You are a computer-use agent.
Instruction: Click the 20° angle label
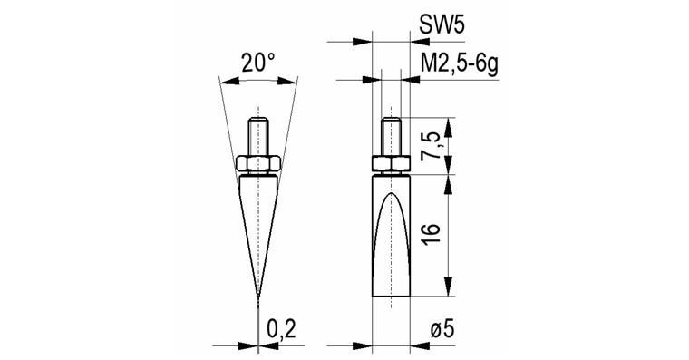258,63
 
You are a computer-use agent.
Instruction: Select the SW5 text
442,26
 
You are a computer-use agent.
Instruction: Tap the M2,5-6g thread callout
460,65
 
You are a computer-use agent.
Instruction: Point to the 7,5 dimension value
431,148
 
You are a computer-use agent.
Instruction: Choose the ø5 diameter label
442,330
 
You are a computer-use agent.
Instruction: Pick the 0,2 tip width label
282,330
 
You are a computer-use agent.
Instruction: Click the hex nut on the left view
258,163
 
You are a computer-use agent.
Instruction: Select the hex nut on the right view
391,163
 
